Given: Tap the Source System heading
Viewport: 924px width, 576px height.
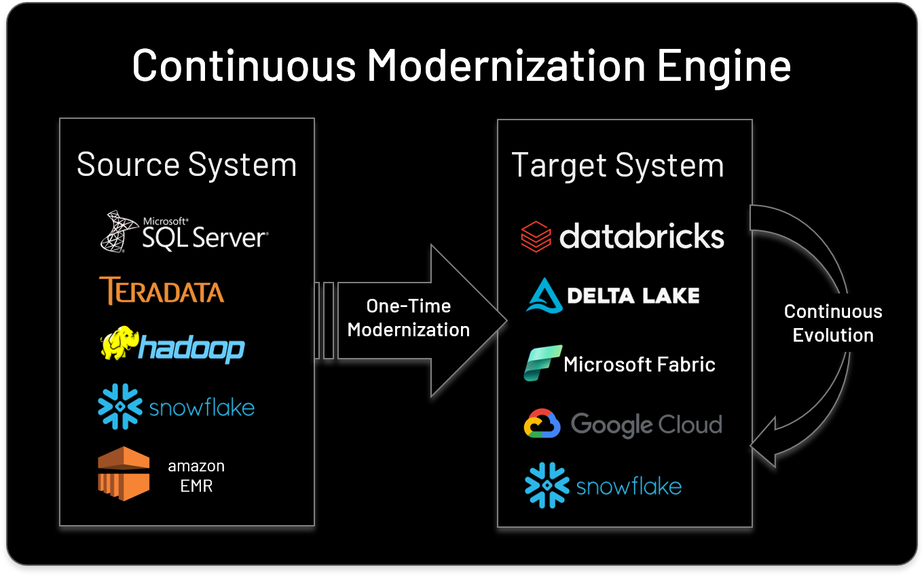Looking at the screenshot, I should click(187, 165).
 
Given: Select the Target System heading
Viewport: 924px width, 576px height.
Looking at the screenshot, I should click(617, 166).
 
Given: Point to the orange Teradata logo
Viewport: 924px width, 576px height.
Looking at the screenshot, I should click(161, 291).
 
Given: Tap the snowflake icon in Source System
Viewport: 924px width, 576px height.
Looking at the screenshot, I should click(119, 406).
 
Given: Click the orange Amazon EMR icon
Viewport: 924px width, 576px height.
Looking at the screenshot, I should click(124, 473).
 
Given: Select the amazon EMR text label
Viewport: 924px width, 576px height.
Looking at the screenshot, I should click(196, 475).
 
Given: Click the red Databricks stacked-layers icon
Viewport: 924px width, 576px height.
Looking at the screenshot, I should click(536, 237).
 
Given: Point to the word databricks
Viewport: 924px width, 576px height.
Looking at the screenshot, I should click(642, 236).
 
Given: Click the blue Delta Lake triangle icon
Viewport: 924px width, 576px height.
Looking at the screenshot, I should click(544, 295).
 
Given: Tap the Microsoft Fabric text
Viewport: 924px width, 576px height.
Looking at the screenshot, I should click(639, 365).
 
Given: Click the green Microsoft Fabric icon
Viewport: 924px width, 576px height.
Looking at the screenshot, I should click(542, 363).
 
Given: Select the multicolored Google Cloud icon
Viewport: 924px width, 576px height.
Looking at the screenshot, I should click(542, 425).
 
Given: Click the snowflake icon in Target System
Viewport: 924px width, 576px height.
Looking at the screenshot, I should click(547, 485).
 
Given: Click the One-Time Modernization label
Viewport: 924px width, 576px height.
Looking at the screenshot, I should click(409, 318).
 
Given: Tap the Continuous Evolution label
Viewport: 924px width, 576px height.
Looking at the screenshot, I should click(833, 323).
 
